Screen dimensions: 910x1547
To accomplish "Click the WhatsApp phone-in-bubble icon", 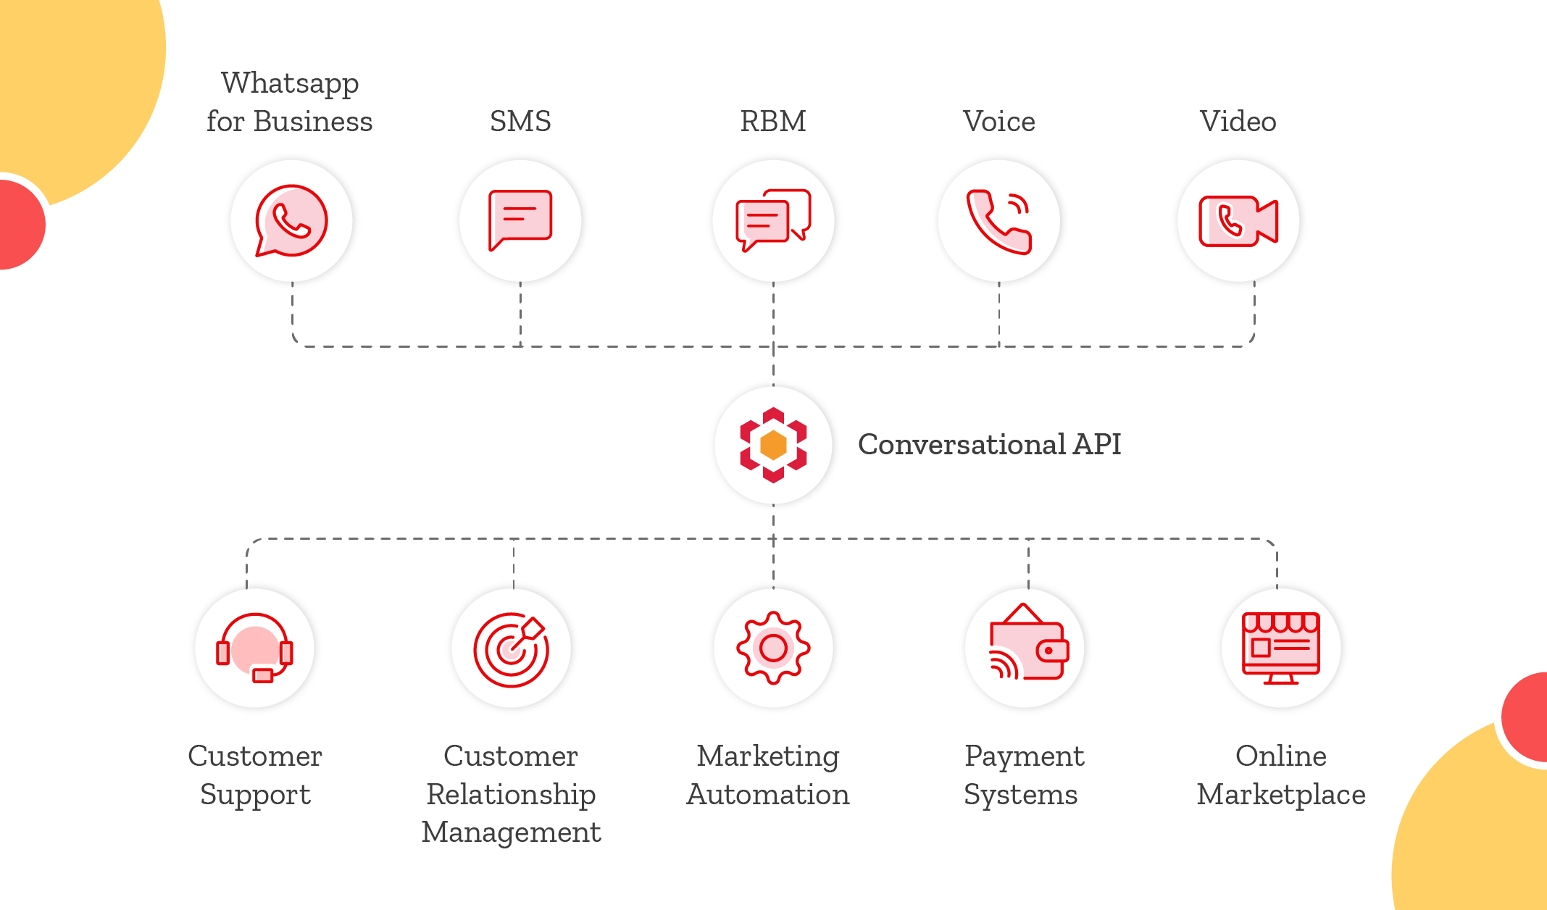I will [291, 220].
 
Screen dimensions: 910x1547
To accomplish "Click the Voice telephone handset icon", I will [998, 222].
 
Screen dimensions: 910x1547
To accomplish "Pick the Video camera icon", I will [1238, 221].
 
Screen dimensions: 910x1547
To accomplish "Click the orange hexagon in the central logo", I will [773, 445].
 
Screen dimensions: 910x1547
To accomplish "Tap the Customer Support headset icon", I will [254, 648].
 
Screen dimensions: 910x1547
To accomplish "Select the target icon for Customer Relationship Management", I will [511, 649].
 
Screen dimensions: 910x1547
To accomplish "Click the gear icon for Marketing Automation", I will [773, 648].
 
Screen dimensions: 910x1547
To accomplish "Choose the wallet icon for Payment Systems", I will [1027, 645].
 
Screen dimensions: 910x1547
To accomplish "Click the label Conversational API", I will [989, 444].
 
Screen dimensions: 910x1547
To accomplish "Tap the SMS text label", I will [520, 121].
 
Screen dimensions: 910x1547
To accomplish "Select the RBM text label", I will [772, 121].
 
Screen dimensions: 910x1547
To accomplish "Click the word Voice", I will [998, 121].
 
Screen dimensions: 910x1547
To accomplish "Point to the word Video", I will [1238, 121].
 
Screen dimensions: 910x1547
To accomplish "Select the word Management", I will [511, 832].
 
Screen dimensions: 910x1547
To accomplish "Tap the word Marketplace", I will [1280, 795].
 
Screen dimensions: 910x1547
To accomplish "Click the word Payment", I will [1024, 756].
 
